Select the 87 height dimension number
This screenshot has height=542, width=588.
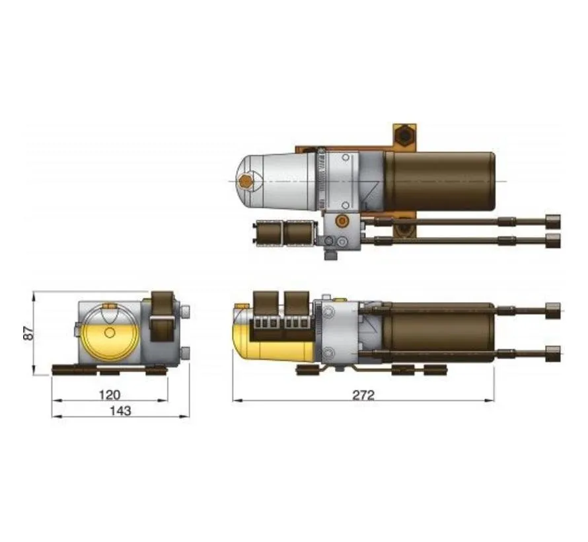(28, 332)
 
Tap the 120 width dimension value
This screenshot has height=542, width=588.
(109, 395)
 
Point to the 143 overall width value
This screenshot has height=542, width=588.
(120, 410)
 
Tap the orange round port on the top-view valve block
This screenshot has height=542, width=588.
(341, 220)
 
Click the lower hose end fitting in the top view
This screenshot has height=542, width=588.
(552, 239)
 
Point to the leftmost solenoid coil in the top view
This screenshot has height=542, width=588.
(267, 233)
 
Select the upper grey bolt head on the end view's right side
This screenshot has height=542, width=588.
(186, 311)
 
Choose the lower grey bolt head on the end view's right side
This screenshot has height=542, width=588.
(186, 351)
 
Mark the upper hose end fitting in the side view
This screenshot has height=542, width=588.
(552, 309)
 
